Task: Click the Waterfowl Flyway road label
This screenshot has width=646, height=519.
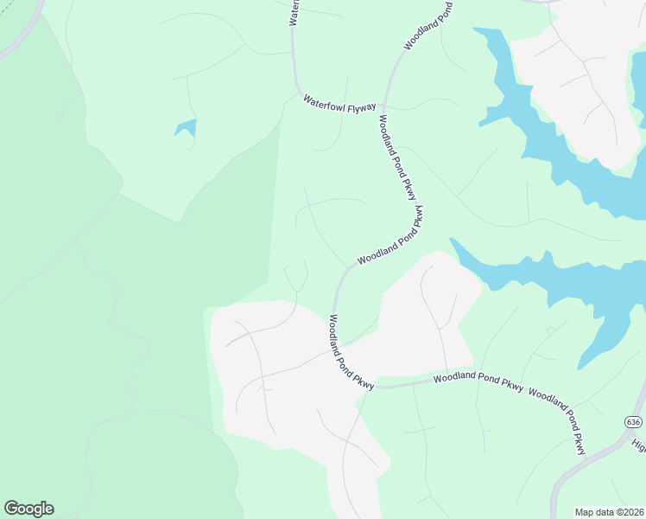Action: click(339, 104)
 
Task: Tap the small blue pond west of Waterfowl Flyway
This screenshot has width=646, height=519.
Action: click(186, 129)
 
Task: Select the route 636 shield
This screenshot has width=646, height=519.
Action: click(633, 421)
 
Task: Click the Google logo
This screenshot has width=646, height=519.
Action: click(28, 509)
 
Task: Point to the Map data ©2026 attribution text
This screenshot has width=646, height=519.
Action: click(608, 512)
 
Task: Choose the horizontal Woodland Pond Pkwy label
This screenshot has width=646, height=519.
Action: click(478, 381)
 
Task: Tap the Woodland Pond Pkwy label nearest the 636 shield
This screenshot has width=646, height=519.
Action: click(557, 422)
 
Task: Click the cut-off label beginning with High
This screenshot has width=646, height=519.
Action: click(639, 445)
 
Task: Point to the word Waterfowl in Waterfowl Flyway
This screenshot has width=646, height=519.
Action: click(324, 101)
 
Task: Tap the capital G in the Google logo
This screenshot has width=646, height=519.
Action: click(11, 508)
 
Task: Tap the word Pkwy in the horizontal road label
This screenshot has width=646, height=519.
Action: click(510, 387)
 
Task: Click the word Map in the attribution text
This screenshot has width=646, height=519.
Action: click(585, 512)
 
